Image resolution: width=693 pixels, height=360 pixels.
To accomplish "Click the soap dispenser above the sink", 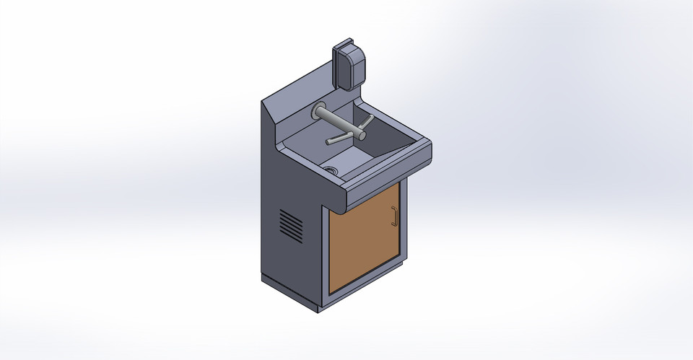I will pyautogui.click(x=349, y=63).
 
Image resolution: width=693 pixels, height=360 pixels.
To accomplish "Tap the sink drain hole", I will pyautogui.click(x=332, y=170).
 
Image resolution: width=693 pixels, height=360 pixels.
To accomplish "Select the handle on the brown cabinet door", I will pyautogui.click(x=394, y=216).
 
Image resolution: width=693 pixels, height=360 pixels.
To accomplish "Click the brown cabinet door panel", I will pyautogui.click(x=363, y=238).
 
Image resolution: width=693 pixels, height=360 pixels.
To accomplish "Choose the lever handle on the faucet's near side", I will pyautogui.click(x=339, y=139).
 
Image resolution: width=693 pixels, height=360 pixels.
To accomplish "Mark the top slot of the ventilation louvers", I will pyautogui.click(x=288, y=214).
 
